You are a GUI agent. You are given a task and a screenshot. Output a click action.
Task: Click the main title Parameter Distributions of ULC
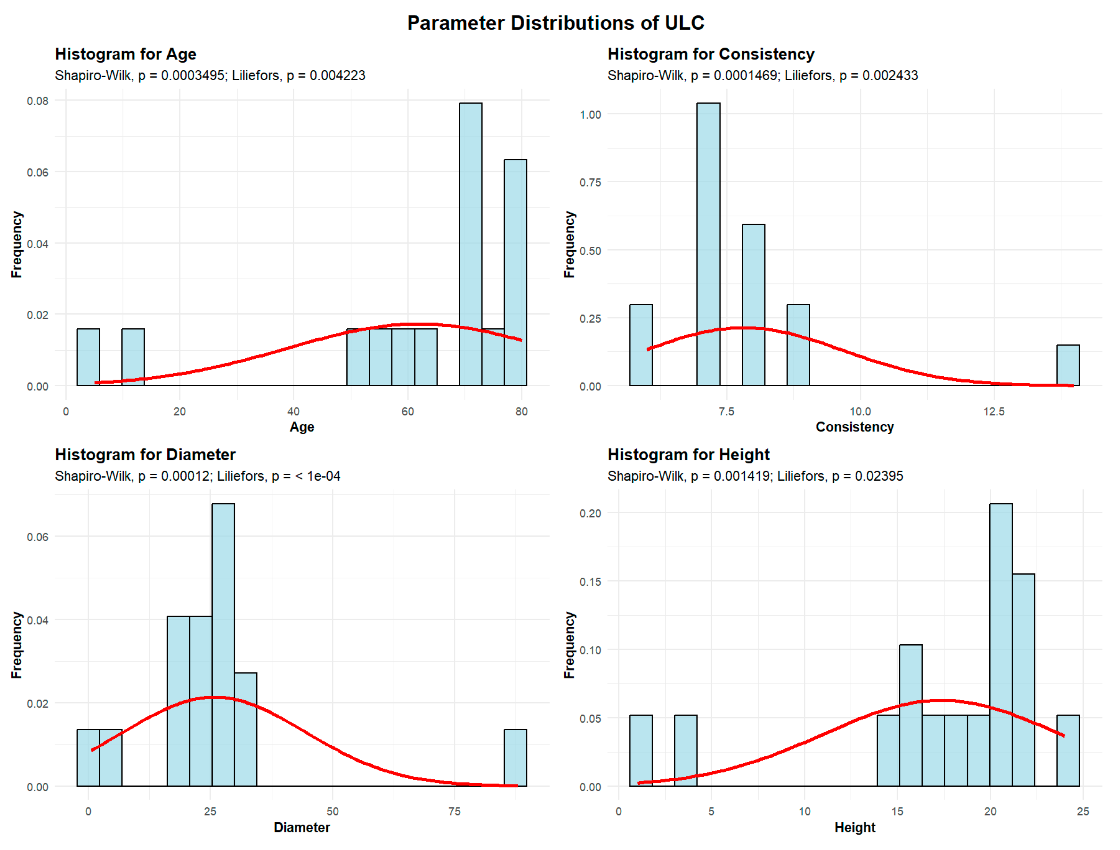tap(555, 23)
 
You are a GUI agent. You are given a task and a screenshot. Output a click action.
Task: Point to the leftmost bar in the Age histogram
tap(88, 357)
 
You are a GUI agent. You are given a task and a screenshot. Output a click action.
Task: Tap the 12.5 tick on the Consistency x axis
tap(993, 411)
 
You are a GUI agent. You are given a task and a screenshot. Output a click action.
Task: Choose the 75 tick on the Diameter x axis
tap(454, 811)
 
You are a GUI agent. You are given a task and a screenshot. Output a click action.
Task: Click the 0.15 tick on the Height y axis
tap(590, 581)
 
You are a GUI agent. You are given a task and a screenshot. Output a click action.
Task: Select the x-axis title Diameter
tap(302, 827)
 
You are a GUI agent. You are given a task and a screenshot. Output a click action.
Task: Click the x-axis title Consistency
tap(854, 427)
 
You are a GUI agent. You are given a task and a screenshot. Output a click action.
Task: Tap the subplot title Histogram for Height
tap(688, 454)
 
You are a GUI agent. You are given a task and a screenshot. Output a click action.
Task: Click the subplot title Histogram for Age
tap(126, 54)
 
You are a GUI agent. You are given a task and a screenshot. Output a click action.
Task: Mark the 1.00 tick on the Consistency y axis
tap(590, 115)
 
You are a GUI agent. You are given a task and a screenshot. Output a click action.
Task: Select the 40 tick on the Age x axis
tap(293, 411)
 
